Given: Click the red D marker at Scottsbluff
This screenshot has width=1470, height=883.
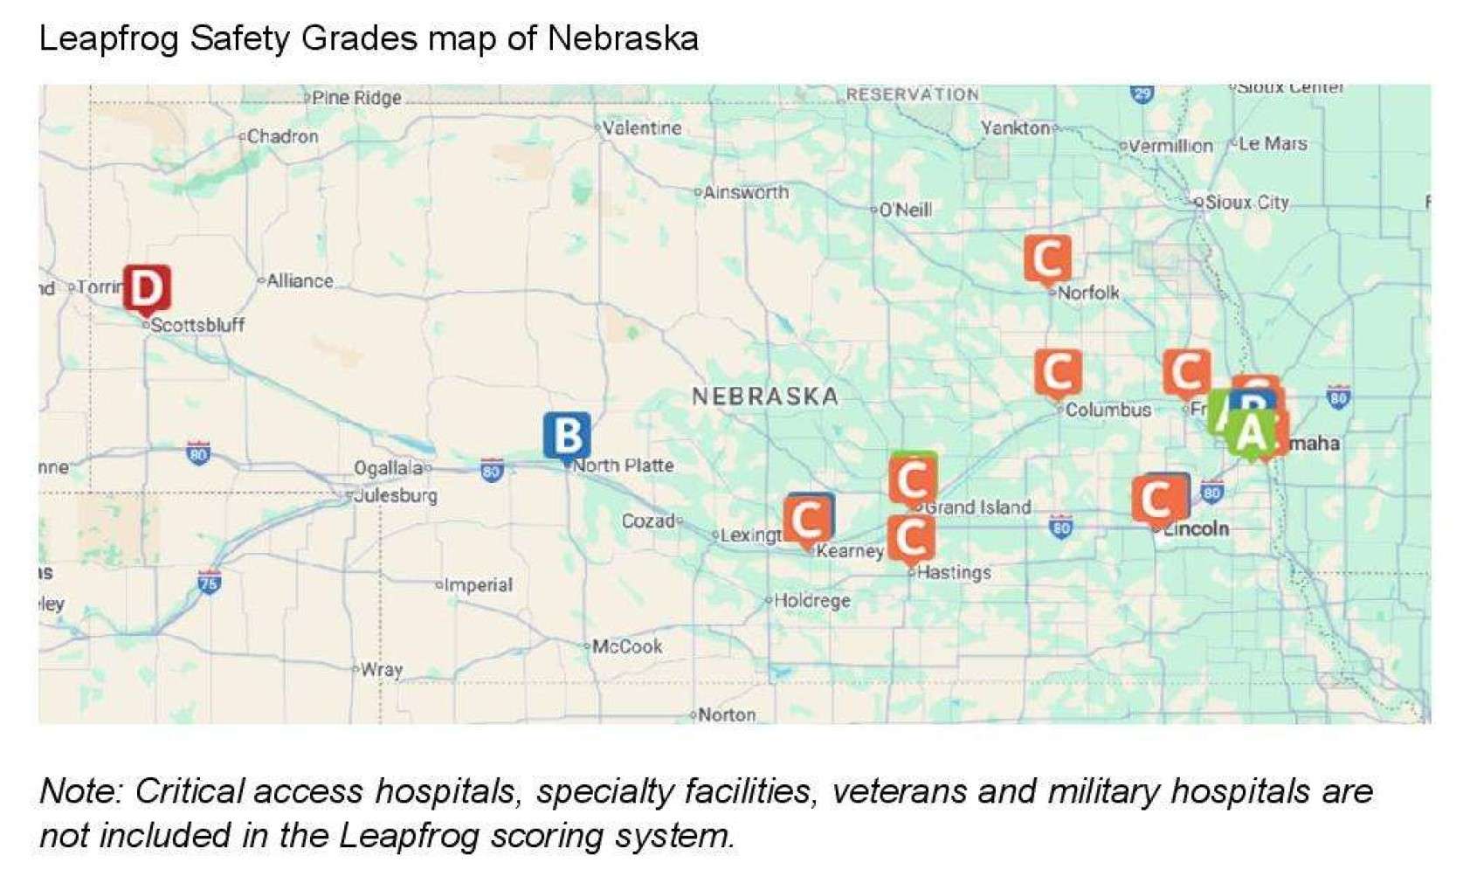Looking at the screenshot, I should click(147, 287).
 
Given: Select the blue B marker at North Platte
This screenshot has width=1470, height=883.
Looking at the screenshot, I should click(567, 435).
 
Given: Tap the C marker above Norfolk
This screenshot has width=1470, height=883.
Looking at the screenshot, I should click(1047, 259).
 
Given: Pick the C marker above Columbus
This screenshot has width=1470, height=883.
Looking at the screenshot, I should click(1058, 372).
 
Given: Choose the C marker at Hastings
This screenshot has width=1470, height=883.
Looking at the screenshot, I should click(910, 537).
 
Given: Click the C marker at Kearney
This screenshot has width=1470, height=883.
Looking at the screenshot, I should click(807, 520).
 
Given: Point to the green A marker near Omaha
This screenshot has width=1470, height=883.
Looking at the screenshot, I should click(1252, 432).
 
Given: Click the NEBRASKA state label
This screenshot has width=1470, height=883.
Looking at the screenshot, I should click(765, 397).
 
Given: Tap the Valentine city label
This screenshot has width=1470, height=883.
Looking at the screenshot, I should click(642, 128).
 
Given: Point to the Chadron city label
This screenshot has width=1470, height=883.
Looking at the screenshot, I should click(282, 136).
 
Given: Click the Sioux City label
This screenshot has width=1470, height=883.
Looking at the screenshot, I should click(1246, 203).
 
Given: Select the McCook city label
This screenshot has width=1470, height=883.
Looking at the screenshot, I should click(627, 647).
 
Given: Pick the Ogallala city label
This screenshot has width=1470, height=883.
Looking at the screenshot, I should click(388, 468).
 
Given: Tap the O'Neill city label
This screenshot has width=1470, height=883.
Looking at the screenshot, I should click(905, 210).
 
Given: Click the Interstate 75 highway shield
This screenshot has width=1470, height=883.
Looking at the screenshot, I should click(209, 583).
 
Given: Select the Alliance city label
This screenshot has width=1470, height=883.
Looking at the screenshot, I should click(300, 281).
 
